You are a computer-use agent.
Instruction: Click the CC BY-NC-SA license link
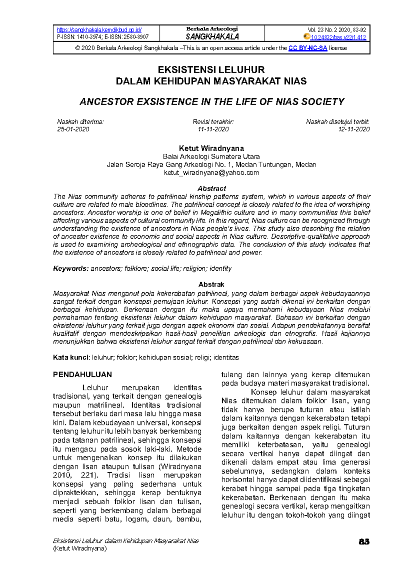(x=308, y=48)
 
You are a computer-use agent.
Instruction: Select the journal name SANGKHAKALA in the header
(x=212, y=37)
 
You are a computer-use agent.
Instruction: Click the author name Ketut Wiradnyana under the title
(x=211, y=148)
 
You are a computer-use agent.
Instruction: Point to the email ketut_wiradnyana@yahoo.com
(x=211, y=173)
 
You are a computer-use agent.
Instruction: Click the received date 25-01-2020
(x=73, y=129)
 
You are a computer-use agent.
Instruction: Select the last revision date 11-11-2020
(x=213, y=129)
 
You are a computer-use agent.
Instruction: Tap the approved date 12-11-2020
(x=354, y=129)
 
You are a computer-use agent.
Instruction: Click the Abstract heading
(x=211, y=188)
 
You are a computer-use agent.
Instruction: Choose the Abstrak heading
(x=211, y=284)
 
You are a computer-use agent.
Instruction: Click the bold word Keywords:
(x=71, y=269)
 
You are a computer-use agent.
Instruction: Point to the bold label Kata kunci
(x=71, y=357)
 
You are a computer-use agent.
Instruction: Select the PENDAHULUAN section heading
(x=82, y=375)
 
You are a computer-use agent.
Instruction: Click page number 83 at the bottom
(x=364, y=541)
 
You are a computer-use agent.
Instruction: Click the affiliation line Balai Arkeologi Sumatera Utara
(x=211, y=156)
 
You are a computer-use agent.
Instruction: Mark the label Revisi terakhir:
(x=213, y=122)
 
